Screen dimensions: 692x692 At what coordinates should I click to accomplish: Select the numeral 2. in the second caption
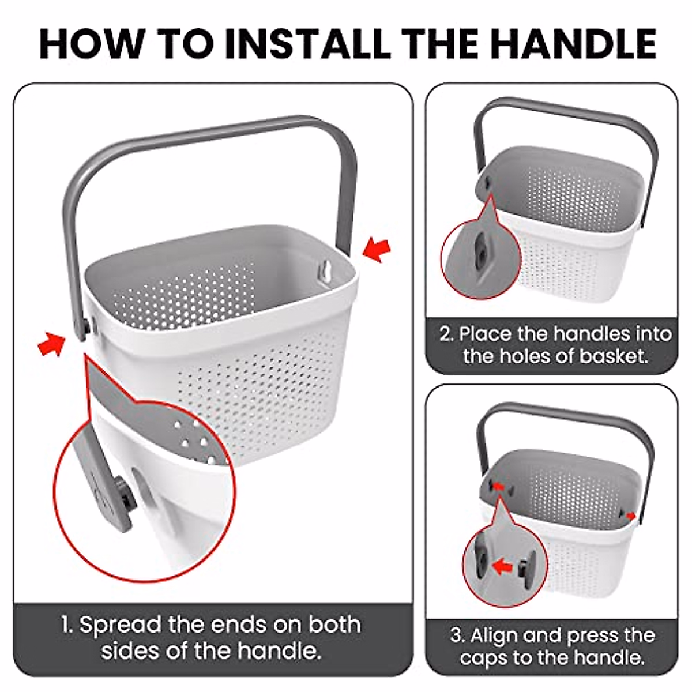pos(446,334)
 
